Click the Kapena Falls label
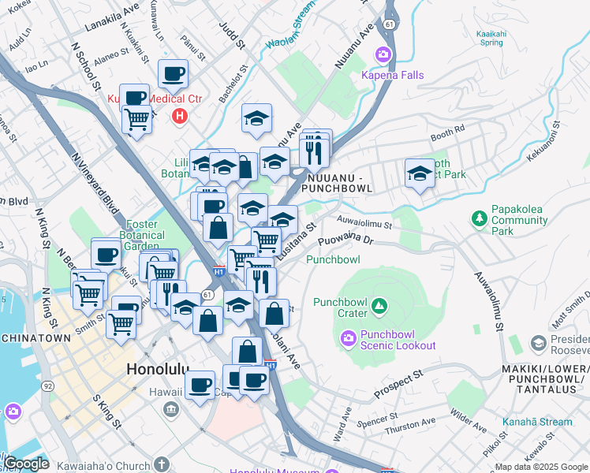(x=392, y=75)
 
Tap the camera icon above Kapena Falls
(x=383, y=54)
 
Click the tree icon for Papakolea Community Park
(x=478, y=218)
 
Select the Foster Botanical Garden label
(x=143, y=235)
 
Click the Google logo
(x=25, y=464)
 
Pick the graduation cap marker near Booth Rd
(x=420, y=173)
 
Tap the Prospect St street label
(x=398, y=383)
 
